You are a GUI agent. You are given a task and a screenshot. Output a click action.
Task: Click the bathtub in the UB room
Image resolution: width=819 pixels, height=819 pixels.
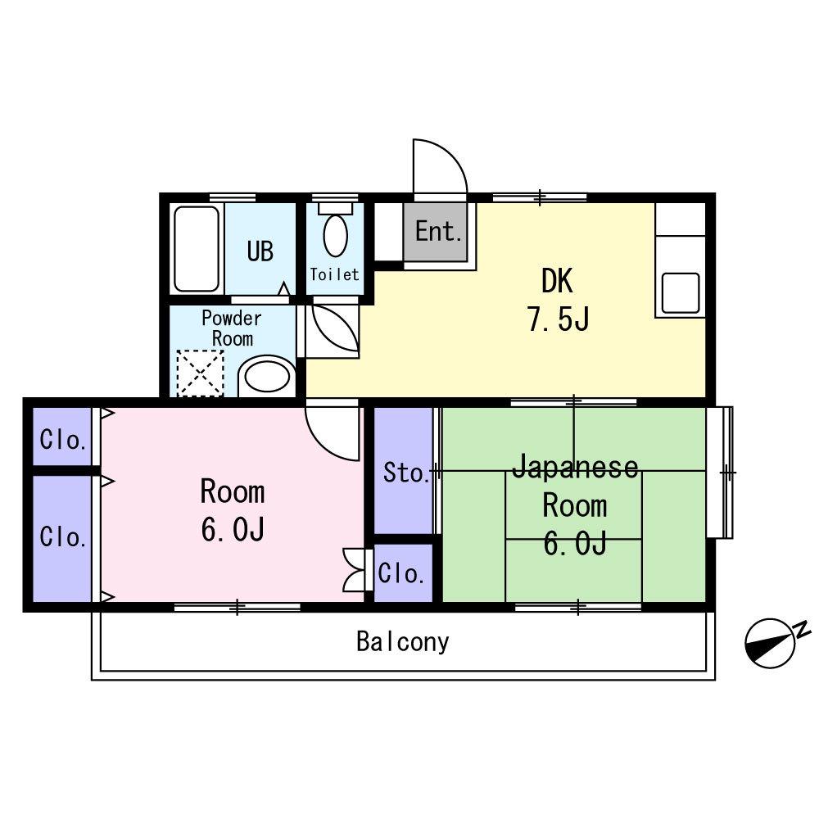click(197, 249)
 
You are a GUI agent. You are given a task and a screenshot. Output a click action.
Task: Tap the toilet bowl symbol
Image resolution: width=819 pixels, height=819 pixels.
click(335, 236)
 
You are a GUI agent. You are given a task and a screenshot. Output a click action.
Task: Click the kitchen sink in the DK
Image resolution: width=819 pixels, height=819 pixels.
click(681, 293)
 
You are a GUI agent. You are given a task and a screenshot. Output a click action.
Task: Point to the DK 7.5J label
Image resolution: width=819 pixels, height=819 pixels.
click(558, 300)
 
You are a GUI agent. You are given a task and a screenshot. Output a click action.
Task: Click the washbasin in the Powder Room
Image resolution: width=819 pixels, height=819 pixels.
click(267, 377)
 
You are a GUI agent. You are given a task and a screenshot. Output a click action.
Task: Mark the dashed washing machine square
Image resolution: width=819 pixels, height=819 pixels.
click(200, 373)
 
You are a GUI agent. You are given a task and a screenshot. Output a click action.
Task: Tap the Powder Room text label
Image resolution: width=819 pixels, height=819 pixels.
click(232, 328)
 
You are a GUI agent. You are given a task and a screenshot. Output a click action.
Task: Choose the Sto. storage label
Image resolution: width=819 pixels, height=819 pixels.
click(406, 473)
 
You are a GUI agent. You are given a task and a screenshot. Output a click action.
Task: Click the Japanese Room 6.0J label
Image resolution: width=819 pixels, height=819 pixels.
click(575, 505)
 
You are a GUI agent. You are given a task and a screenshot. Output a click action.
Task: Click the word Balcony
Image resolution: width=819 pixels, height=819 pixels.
click(403, 642)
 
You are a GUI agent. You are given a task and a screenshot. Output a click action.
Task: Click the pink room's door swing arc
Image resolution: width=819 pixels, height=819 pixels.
click(324, 444)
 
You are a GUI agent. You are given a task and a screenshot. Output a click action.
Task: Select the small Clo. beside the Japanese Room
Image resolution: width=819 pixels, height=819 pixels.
click(401, 573)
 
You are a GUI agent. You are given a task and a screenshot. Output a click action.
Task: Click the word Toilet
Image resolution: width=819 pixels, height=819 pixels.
click(335, 274)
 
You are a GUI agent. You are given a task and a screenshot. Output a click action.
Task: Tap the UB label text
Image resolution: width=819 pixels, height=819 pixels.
click(260, 251)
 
